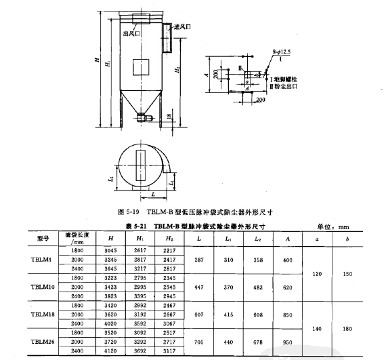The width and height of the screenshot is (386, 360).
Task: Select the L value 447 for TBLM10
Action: [198, 287]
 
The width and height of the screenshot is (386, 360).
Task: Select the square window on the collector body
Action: [142, 66]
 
